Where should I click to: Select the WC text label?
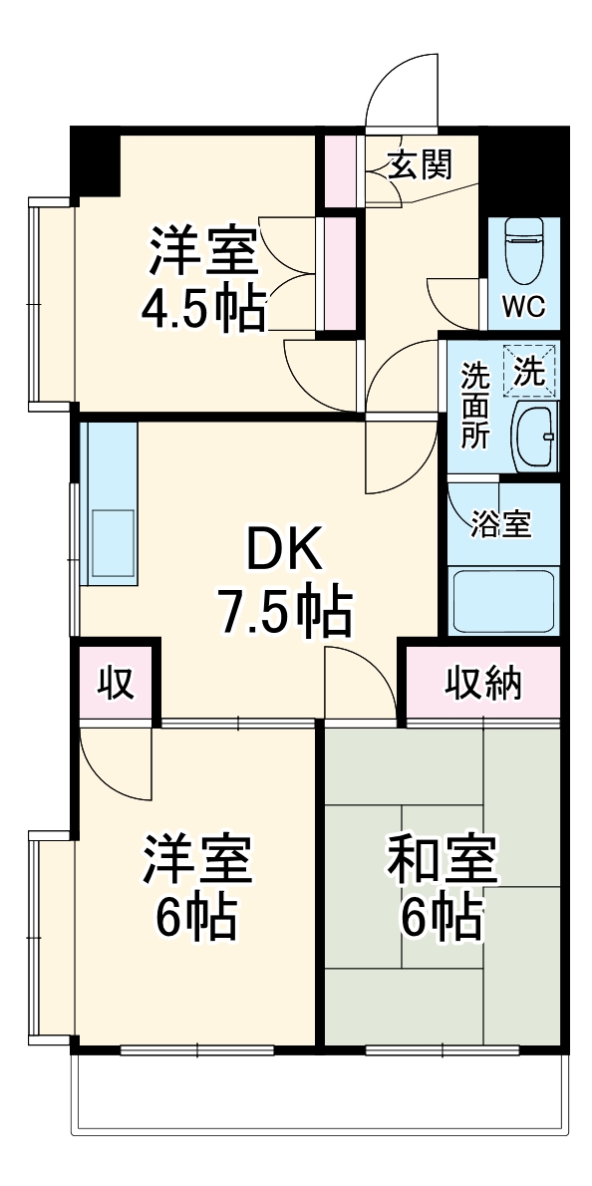tap(522, 307)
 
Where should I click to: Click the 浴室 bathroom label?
tap(500, 525)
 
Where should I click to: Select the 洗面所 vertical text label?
tap(474, 407)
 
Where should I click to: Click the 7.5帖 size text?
tap(284, 612)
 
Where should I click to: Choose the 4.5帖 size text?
tap(202, 309)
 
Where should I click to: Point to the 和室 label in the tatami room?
tap(443, 861)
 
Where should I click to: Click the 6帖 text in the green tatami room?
tap(442, 919)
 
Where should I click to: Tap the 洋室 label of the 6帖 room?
tap(196, 861)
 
